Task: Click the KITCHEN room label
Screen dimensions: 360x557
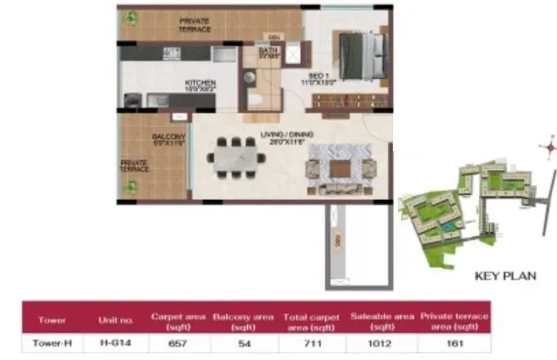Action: (201, 83)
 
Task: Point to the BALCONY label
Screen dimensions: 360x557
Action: (162, 139)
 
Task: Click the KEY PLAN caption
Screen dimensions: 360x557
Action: (505, 276)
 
